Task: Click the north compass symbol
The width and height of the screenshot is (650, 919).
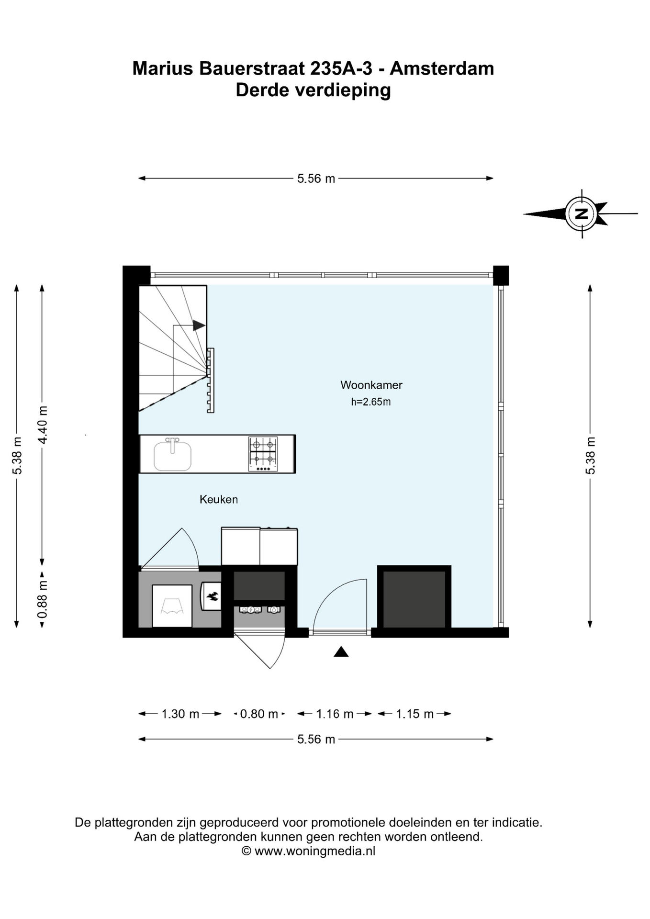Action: coord(581,213)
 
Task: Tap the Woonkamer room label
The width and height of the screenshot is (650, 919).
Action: coord(371,385)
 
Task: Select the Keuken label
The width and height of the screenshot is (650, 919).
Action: coord(219,499)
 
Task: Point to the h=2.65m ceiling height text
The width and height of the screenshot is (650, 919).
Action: coord(371,402)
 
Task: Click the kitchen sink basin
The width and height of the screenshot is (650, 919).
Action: coord(172,456)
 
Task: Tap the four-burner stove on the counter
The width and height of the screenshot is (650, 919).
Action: coord(263,454)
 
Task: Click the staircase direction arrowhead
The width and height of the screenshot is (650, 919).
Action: coord(199,325)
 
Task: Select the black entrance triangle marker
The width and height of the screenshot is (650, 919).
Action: coord(341,651)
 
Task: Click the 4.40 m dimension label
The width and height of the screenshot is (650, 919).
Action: coord(43,425)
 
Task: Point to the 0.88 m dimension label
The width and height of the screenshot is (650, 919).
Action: coord(43,598)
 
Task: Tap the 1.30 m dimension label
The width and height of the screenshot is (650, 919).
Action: coord(180,714)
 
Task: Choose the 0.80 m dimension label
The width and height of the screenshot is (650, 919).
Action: coord(259,714)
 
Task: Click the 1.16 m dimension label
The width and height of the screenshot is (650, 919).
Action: coord(335,714)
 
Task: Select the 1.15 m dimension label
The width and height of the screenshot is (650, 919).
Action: coord(415,714)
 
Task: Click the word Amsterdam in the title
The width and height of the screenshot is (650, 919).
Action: coord(442,68)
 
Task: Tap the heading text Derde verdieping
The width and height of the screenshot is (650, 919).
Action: coord(313,90)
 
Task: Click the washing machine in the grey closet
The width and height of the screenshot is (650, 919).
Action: coord(172,605)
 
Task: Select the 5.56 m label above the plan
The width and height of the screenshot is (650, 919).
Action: coord(316,179)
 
